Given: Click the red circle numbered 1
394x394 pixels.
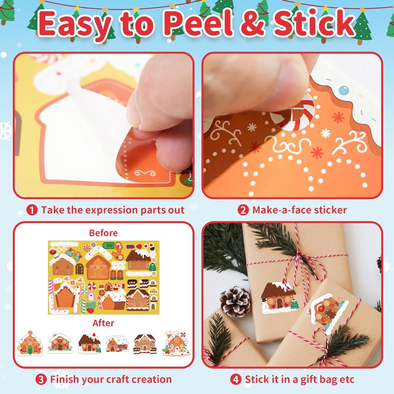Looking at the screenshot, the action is pos(32,210).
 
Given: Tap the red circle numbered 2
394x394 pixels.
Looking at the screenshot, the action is pos(243,210).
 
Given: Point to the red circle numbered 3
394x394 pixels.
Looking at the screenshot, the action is pos(41,379).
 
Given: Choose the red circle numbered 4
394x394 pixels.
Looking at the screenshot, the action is pos(236,379).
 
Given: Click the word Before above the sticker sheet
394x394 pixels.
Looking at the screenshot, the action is pos(103,233).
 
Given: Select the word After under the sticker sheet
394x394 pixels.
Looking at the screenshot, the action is pos(103,323).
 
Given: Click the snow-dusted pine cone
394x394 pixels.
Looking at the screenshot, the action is pos(235,301).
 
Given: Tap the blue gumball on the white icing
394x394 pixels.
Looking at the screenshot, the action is pos(343,90).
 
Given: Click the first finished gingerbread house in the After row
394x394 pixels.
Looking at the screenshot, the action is pos(30,343).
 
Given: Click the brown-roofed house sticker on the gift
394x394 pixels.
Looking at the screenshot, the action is pos(279,297).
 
